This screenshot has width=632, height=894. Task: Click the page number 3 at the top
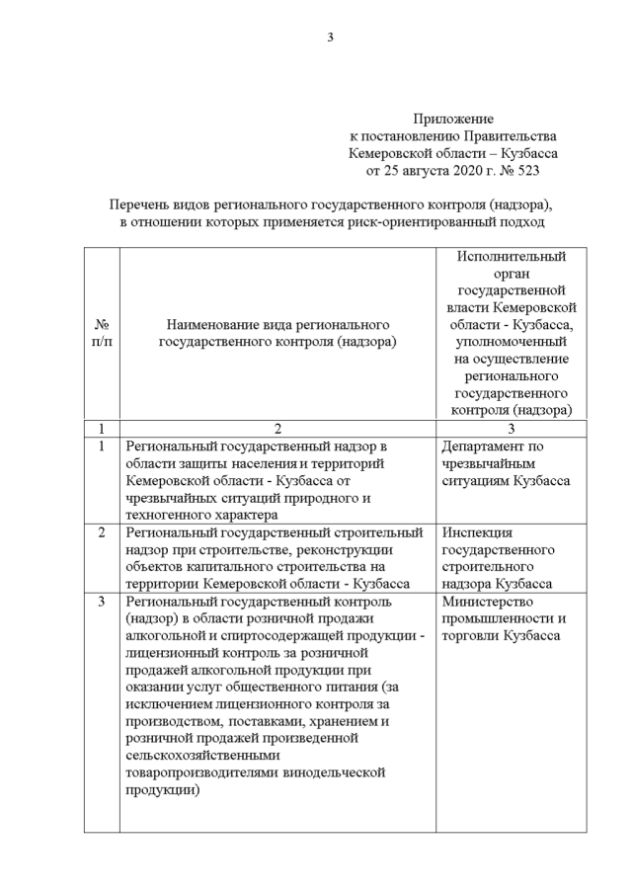tap(331, 39)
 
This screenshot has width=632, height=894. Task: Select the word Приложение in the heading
tap(453, 119)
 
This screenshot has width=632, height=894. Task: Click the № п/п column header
tap(102, 333)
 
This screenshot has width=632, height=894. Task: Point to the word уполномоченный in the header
tap(506, 341)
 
